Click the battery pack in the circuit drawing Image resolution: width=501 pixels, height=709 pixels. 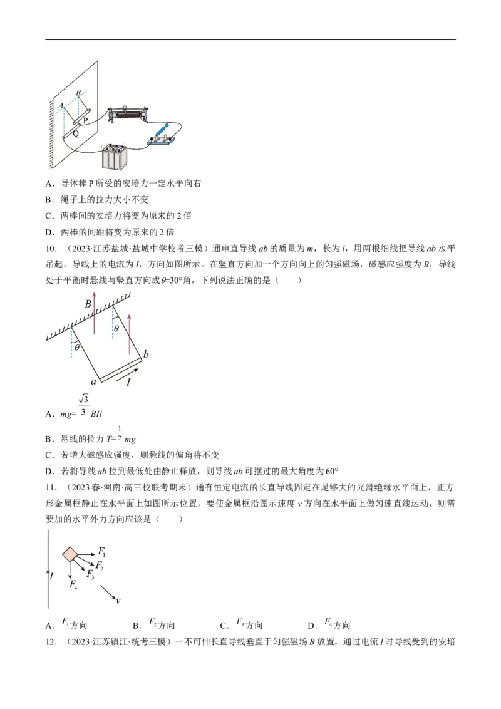pos(113,157)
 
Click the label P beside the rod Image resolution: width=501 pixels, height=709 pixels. pos(85,121)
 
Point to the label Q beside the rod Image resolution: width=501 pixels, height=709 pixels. pos(76,133)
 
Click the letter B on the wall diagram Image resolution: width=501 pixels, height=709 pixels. pos(78,93)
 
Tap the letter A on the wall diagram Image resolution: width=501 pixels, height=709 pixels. pos(61,106)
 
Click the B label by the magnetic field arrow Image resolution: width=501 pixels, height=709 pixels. pos(88,304)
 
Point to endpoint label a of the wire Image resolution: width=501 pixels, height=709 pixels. pos(93,381)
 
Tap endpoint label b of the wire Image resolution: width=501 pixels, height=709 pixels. pos(145,354)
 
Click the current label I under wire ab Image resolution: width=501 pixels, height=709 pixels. pos(128,383)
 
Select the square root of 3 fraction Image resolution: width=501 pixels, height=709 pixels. pos(83,405)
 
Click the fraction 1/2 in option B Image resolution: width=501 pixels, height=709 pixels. pos(120,433)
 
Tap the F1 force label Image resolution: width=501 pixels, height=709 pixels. pos(101,552)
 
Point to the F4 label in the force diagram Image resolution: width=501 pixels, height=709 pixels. pos(73,584)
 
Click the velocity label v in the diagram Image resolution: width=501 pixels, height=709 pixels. pos(118,601)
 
